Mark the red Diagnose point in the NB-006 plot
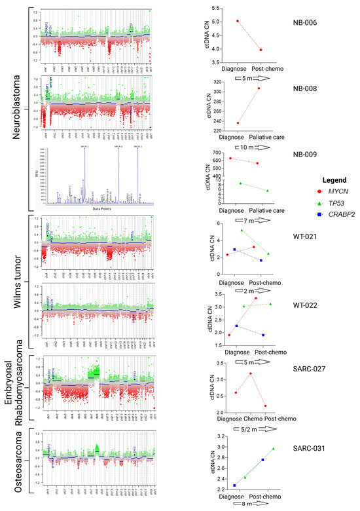(x=238, y=21)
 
